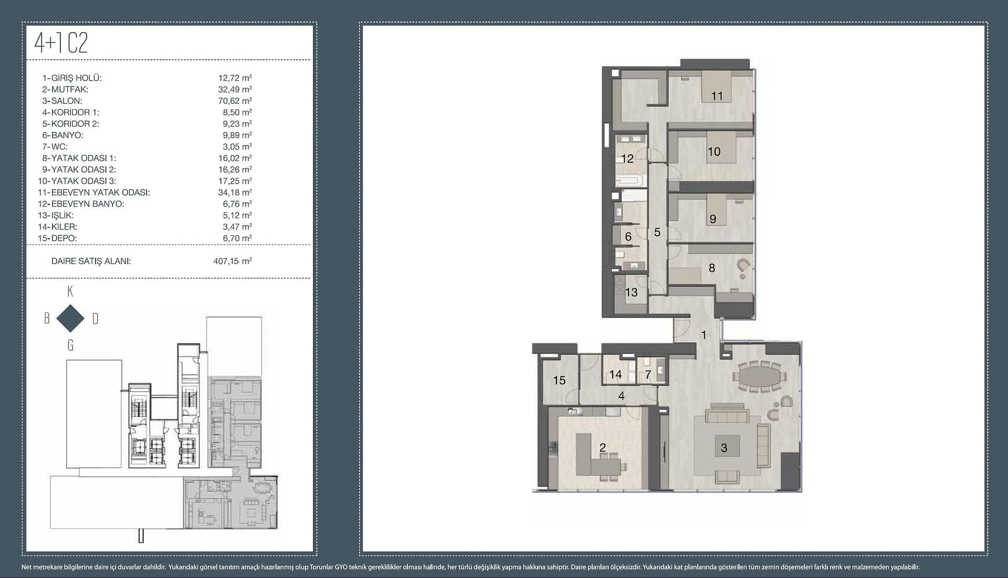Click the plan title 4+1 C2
(x=61, y=43)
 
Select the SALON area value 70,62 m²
(x=235, y=101)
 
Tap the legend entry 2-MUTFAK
(x=65, y=89)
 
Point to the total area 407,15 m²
(x=233, y=261)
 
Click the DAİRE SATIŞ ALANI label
(x=91, y=261)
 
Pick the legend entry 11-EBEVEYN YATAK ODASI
(x=93, y=192)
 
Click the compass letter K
(x=70, y=292)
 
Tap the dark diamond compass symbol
(x=70, y=318)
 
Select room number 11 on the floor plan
(x=717, y=96)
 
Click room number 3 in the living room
(x=724, y=448)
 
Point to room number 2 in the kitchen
(x=603, y=447)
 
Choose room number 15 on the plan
(x=559, y=380)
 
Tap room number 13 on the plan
(x=631, y=292)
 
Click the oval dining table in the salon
(x=761, y=376)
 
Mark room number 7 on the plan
(x=648, y=374)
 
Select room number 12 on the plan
(x=627, y=159)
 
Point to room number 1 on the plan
(x=703, y=334)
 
